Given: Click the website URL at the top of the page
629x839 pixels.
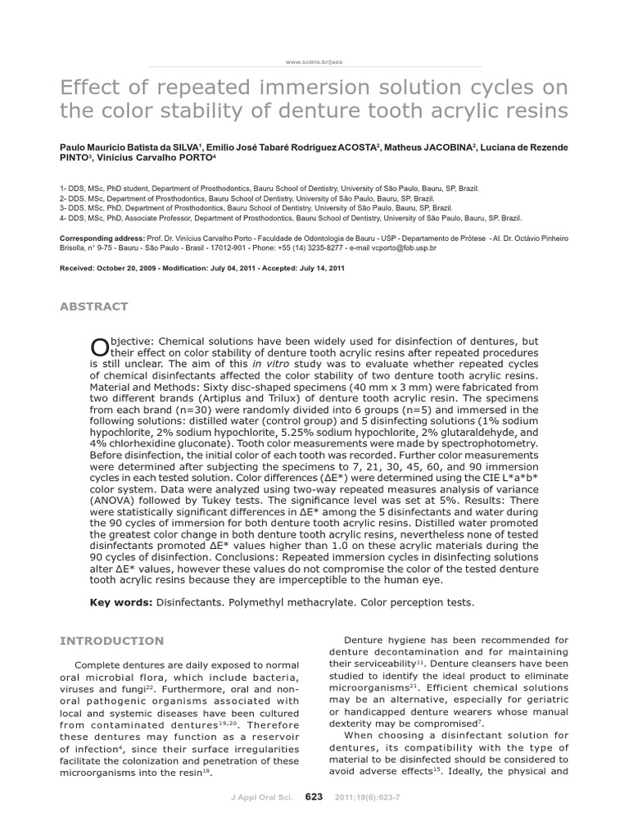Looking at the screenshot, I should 314,61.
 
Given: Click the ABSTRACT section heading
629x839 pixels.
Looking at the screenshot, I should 94,306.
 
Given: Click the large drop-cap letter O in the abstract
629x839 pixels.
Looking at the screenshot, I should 97,348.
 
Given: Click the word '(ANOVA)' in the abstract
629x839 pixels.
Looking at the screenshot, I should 115,501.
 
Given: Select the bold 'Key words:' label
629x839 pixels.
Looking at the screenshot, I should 121,603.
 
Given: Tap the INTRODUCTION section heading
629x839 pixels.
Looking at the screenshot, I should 112,641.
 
